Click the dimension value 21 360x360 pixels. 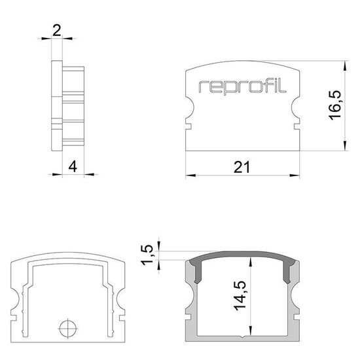coord(242,168)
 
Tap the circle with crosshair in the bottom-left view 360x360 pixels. coord(67,327)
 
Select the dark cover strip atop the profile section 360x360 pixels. coord(242,255)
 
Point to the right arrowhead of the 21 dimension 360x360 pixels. coord(297,175)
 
